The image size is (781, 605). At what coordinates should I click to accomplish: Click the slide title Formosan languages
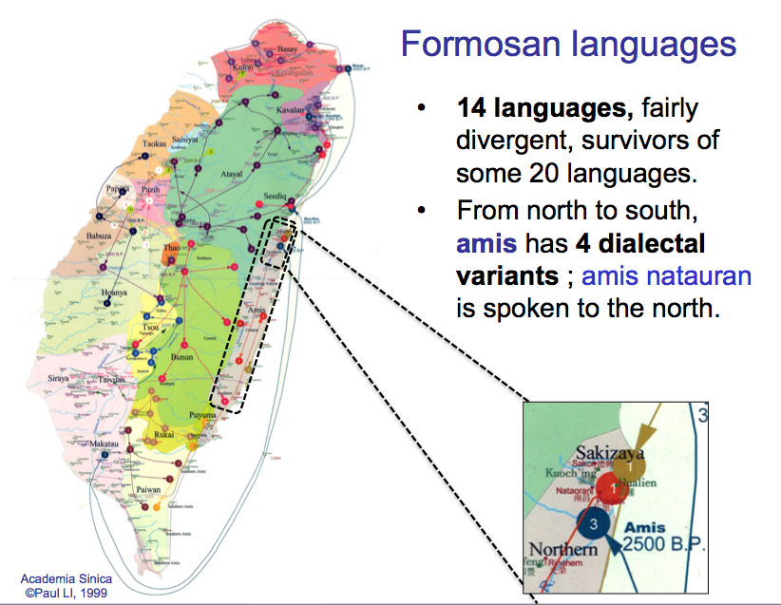click(568, 44)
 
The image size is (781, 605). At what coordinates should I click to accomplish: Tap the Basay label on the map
click(287, 48)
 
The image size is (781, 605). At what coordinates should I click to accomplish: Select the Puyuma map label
click(202, 415)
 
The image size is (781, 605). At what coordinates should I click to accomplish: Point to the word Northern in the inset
click(564, 550)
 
